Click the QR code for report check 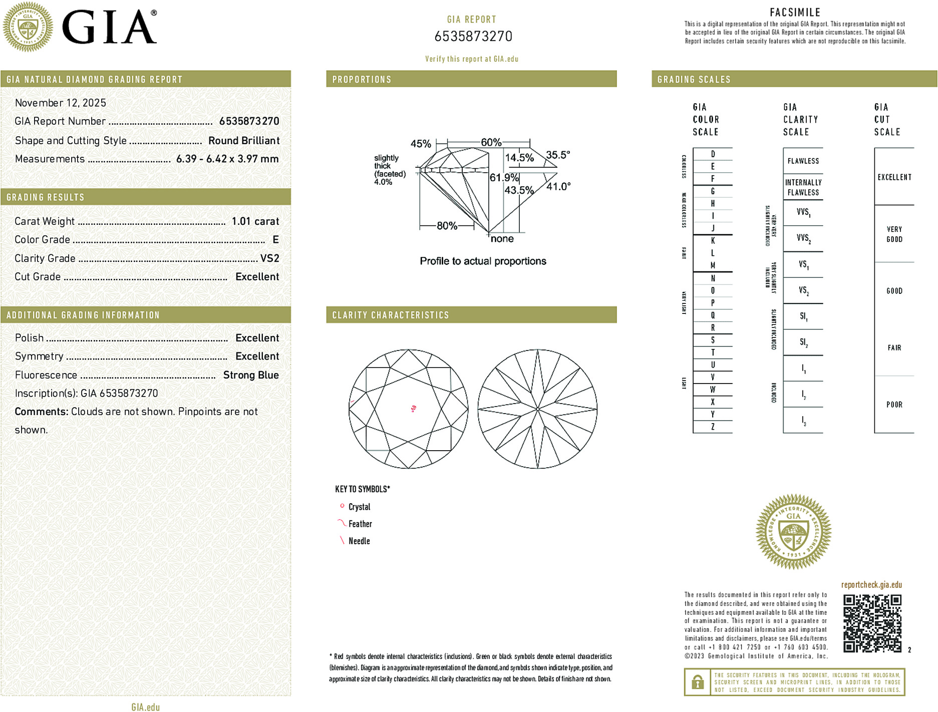tap(872, 623)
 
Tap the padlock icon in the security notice tap(697, 682)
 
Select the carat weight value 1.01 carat tap(255, 221)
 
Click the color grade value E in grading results tap(275, 240)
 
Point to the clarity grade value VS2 tap(269, 258)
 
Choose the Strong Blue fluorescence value tap(251, 375)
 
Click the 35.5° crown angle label tap(558, 155)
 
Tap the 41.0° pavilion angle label tap(558, 187)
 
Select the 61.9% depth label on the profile tap(504, 178)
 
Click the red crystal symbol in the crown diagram tap(413, 409)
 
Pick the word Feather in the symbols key tap(360, 524)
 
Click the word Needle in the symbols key tap(359, 541)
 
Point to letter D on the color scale tap(713, 154)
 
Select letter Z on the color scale tap(713, 427)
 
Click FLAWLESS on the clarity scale tap(803, 161)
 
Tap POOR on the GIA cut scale tap(894, 405)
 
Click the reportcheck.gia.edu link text tap(871, 585)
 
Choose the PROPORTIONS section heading tap(362, 80)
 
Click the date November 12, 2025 tap(61, 103)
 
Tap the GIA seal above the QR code tap(793, 532)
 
